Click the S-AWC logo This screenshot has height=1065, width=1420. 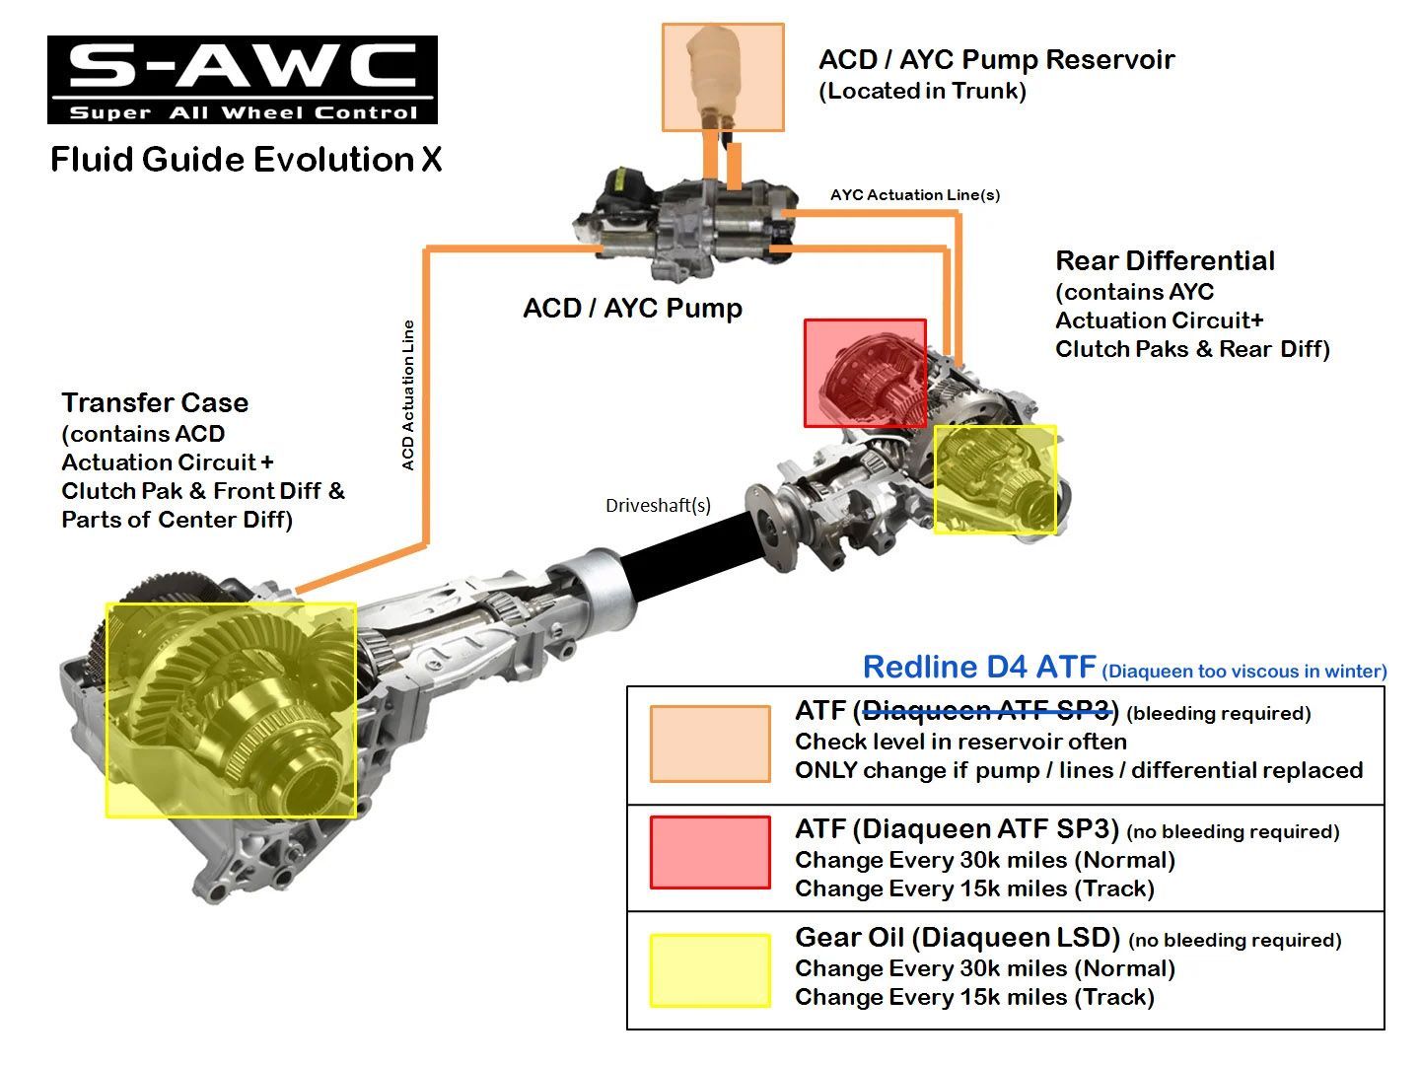coord(242,80)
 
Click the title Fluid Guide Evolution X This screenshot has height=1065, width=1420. coord(246,159)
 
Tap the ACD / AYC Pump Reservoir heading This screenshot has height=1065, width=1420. coord(996,59)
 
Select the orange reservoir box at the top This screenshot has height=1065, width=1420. coord(723,77)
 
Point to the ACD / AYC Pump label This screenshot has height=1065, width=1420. coord(632,308)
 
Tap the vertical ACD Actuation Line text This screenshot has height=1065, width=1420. coord(408,394)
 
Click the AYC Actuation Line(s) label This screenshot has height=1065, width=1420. coord(914,194)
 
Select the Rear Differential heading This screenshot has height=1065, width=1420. coord(1165,261)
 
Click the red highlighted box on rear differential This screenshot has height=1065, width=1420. coord(865,373)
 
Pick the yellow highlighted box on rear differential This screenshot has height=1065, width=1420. coord(994,479)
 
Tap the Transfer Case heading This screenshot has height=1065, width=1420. coord(155,402)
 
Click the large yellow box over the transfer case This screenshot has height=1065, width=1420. coord(231,710)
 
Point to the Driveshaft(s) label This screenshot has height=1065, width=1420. coord(658,505)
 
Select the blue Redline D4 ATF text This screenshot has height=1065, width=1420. coord(979,668)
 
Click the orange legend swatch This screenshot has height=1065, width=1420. coord(709,745)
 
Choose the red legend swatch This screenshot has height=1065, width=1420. coord(709,852)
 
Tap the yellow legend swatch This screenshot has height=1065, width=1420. coord(709,970)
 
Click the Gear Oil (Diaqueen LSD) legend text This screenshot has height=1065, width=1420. coord(957,937)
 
